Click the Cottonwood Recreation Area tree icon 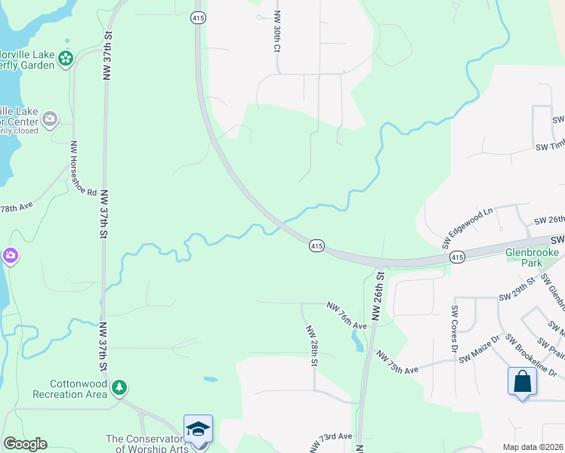pos(119,388)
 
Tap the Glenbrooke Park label pos(535,258)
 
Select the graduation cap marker pos(198,430)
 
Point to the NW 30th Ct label pos(277,31)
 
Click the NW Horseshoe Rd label pos(82,168)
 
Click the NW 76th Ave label pos(347,316)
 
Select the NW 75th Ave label pos(398,362)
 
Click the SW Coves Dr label pos(455,328)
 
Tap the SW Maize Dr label pos(481,348)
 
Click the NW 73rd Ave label pos(331,439)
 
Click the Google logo pos(25,444)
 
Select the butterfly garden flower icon pos(66,57)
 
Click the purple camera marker pos(11,256)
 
